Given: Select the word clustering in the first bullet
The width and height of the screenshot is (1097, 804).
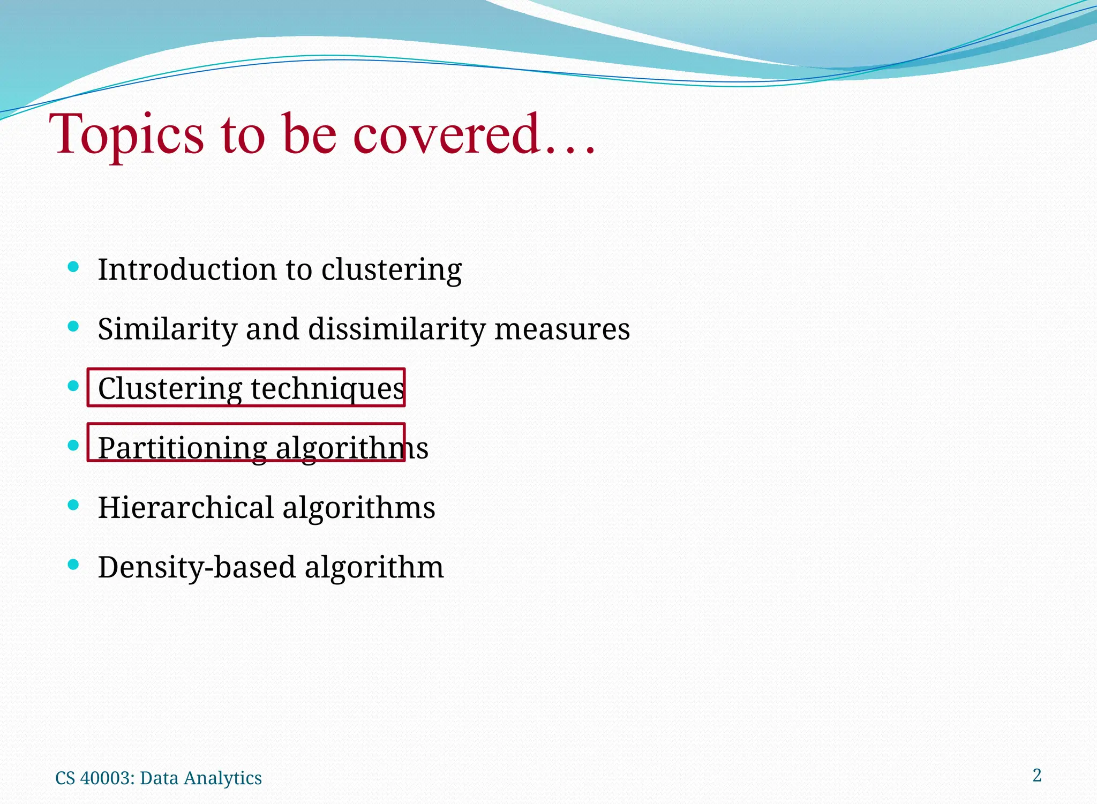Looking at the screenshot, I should click(391, 270).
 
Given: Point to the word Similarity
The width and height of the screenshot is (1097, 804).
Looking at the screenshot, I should click(167, 329).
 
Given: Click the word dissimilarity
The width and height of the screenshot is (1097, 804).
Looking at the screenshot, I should click(396, 329).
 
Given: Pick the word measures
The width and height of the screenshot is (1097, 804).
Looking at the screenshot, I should click(562, 329).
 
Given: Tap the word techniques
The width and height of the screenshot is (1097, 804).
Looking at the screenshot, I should click(327, 388).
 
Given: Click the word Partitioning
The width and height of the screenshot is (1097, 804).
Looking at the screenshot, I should click(182, 448).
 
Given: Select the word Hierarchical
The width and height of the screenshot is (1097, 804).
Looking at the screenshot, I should click(185, 507).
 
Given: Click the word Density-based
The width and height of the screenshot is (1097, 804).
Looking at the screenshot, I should click(197, 567).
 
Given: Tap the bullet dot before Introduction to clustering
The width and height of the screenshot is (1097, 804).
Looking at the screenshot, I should click(74, 266).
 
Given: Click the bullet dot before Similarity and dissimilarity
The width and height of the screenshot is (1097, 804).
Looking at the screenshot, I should click(74, 326).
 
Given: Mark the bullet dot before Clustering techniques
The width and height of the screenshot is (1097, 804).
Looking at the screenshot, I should click(74, 386).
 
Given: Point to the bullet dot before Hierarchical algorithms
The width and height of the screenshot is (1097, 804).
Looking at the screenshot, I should click(74, 505).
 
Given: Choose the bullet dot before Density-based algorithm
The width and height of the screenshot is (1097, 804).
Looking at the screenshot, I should click(74, 564).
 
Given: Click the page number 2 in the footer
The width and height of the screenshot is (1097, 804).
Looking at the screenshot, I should click(1037, 775).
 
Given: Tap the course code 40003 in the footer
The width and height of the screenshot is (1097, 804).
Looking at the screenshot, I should click(107, 778).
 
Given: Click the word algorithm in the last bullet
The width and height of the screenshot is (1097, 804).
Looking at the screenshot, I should click(374, 567).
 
